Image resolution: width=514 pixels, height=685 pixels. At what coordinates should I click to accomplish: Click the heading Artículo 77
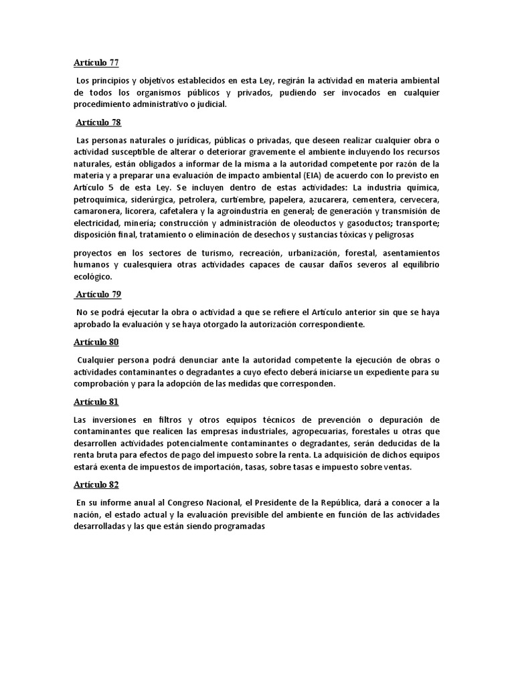[96, 63]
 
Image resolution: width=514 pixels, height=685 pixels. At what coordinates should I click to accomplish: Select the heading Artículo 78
[98, 122]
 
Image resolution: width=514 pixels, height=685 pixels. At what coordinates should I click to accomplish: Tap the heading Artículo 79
[98, 294]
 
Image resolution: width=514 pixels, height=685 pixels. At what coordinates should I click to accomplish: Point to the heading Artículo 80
[96, 342]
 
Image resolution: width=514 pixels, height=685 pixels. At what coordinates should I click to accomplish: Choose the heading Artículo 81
[96, 402]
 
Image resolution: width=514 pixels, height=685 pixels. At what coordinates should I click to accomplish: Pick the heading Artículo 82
[96, 484]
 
